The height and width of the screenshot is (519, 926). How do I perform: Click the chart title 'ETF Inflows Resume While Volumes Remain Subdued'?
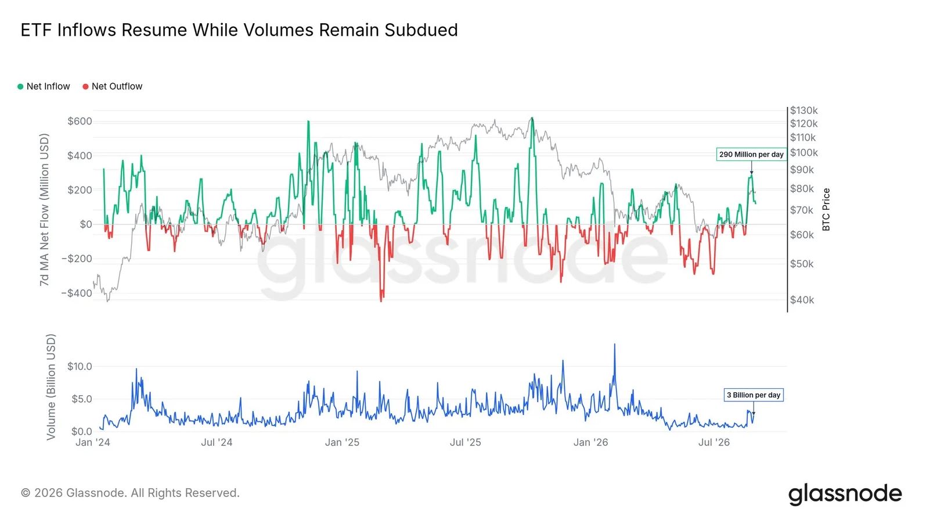(239, 30)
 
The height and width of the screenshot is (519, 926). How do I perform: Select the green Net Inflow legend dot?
(20, 87)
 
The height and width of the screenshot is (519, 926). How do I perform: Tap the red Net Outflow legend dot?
(85, 87)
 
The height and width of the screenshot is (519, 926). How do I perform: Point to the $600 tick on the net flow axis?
(80, 121)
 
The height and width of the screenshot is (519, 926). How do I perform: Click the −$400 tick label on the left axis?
(77, 293)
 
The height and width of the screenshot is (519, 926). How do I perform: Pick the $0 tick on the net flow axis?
(86, 224)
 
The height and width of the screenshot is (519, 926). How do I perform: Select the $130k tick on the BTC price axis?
(804, 110)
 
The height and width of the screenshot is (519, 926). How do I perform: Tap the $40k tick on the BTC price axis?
(802, 300)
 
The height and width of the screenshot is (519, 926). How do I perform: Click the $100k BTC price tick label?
(804, 153)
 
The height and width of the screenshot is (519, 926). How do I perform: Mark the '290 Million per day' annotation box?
(751, 155)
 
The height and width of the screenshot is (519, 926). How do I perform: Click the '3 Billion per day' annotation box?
(754, 395)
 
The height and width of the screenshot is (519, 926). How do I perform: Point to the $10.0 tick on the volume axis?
(80, 366)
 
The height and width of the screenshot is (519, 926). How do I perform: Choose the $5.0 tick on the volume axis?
(82, 399)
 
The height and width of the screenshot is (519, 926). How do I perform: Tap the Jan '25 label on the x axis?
(342, 442)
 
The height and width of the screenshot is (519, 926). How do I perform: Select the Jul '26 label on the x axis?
(714, 442)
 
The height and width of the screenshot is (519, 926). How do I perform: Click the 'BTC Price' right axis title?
(826, 209)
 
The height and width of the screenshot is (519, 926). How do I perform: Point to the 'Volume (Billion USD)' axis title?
(51, 387)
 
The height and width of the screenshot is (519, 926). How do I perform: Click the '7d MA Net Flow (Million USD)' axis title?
(44, 210)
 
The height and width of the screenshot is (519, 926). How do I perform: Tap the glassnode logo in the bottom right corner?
(845, 494)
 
